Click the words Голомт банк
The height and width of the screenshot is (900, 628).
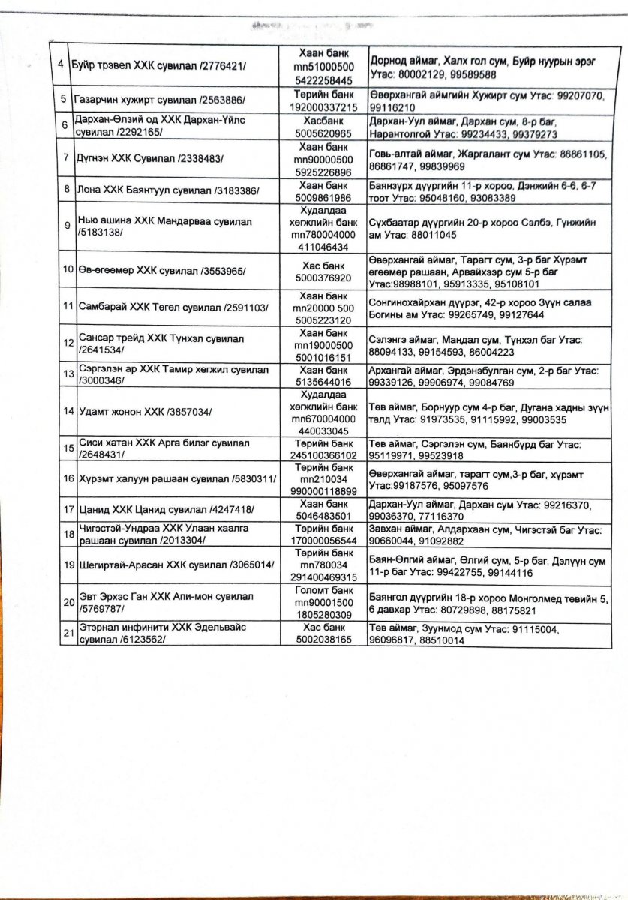click(x=323, y=589)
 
